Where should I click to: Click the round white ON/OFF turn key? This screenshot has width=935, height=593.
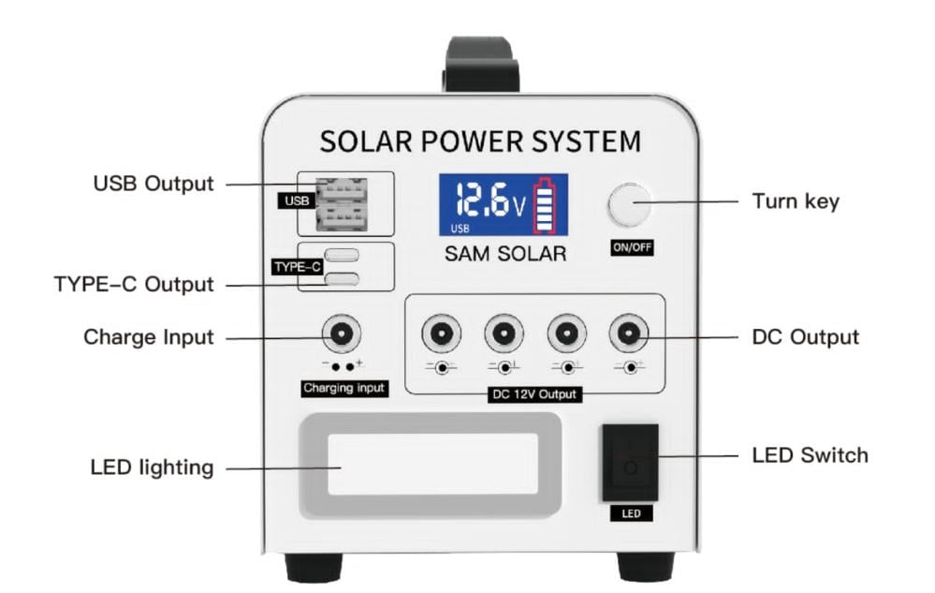629,206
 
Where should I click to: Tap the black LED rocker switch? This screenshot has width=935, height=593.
630,462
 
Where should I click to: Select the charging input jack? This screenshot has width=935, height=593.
342,334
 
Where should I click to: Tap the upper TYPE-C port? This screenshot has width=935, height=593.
342,255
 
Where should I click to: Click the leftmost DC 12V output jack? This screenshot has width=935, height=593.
441,334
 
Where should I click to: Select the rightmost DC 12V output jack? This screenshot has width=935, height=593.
628,334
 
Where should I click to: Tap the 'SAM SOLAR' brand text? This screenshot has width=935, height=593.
505,254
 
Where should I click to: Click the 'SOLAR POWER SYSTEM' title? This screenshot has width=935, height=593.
480,141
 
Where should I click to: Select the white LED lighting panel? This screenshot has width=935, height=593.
431,465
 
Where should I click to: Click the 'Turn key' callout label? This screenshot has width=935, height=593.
796,201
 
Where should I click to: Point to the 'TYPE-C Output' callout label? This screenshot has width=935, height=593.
134,284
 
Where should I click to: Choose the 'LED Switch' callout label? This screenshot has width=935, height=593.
810,455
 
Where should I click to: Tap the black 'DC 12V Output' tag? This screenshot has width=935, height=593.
535,394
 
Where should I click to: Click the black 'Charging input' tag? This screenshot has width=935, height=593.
343,387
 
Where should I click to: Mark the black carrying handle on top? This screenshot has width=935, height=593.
482,64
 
